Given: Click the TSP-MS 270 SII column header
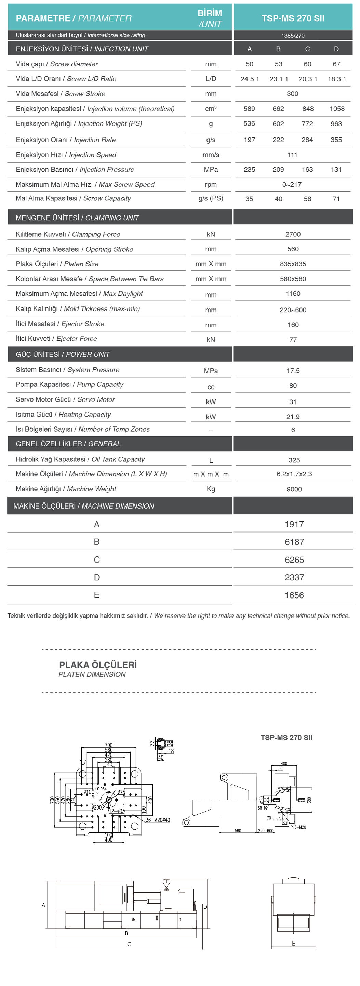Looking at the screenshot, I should coord(293,18).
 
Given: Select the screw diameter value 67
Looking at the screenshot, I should coord(336,64).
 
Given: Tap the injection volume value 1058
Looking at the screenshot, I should coord(337,109).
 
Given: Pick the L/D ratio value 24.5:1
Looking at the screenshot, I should coord(250,79).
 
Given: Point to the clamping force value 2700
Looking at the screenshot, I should coord(293,234).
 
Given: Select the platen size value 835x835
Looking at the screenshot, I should coord(293,264).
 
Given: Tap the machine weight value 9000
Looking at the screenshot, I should coord(294,489).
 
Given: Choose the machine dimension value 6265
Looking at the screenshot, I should coord(294,560).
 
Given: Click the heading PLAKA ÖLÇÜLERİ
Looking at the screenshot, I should coord(98,665).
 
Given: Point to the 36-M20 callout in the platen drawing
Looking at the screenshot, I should coord(157,820).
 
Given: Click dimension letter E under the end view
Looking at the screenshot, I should coord(293,943).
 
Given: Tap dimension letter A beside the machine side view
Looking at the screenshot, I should coord(43,905).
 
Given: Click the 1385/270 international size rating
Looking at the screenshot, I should coord(293,36).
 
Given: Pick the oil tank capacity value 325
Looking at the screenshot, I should coord(294,460).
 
